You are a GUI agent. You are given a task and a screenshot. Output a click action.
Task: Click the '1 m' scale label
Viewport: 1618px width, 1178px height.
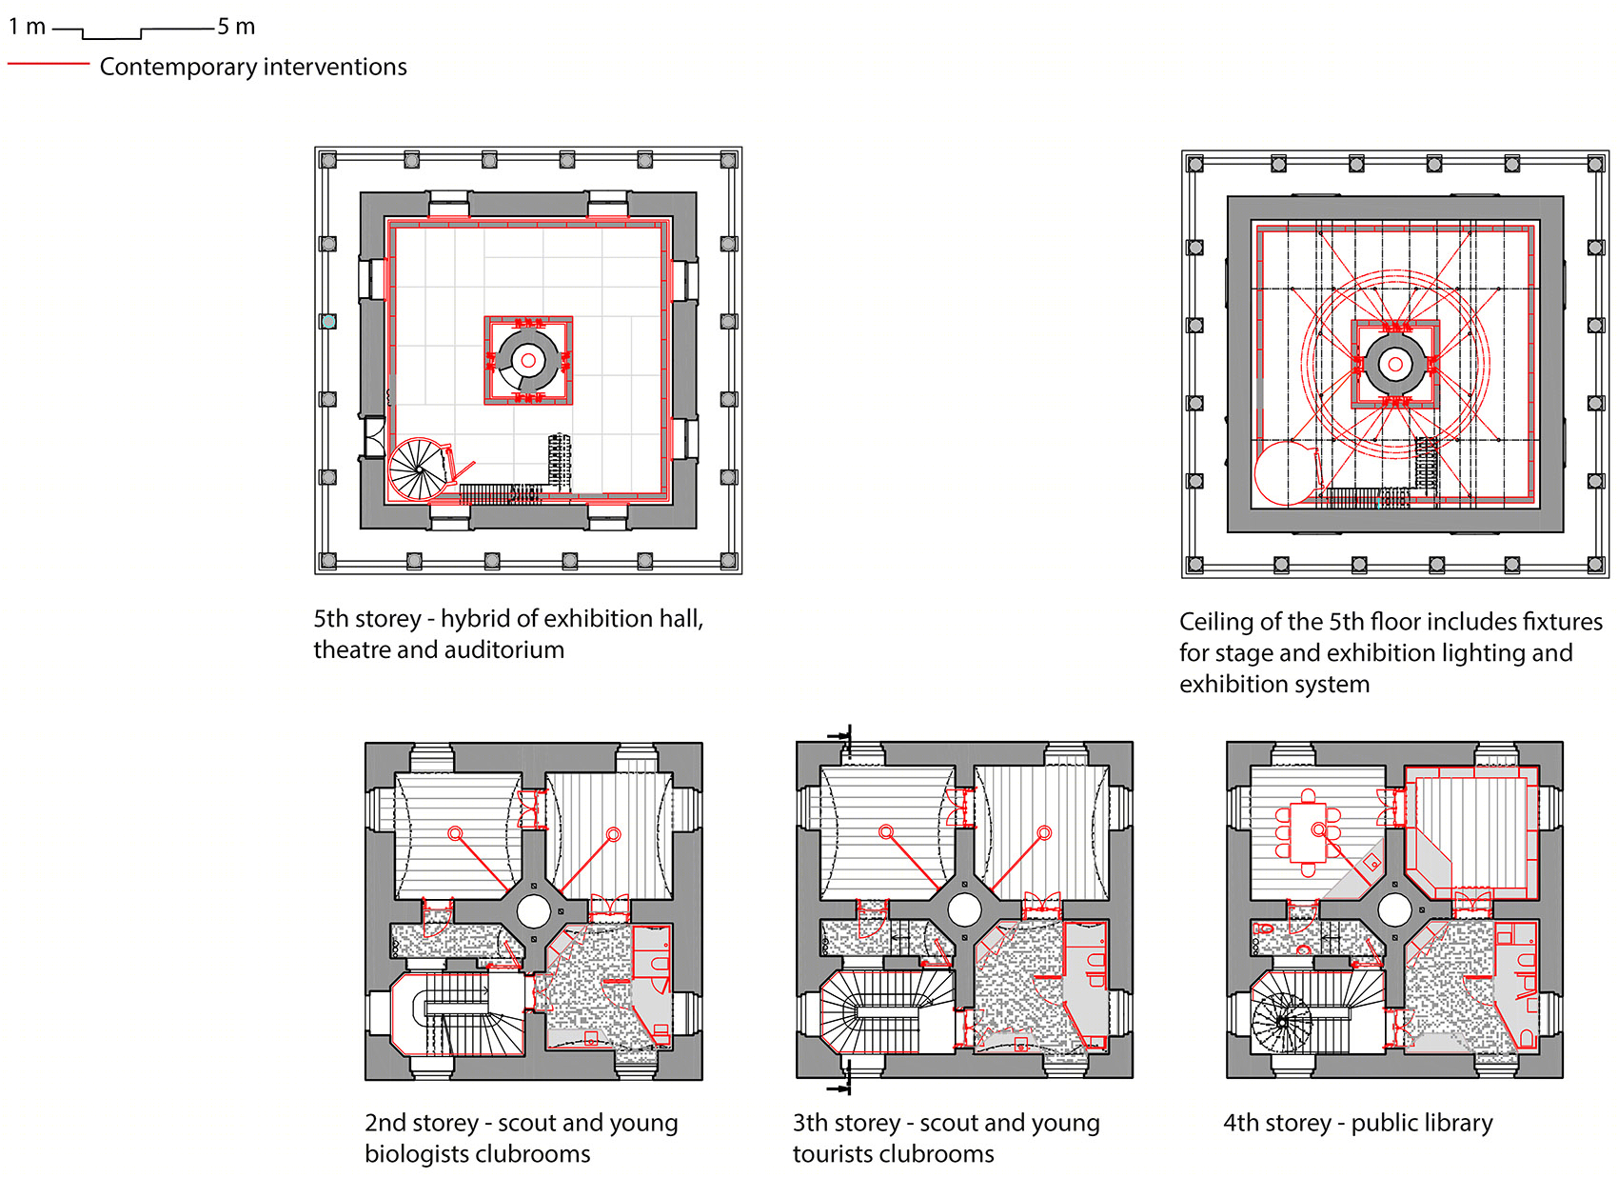tap(27, 27)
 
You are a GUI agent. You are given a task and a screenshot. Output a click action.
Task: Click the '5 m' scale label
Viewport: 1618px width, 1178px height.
tap(236, 27)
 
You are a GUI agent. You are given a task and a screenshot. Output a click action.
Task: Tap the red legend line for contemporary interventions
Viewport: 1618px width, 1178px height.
tap(49, 64)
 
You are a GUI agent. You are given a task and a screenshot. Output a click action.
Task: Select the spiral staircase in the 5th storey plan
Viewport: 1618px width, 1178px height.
tap(419, 469)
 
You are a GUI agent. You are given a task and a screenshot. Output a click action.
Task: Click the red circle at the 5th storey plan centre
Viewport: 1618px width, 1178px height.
tap(528, 360)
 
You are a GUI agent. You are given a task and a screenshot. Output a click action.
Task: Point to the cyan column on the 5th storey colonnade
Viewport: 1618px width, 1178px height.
tap(328, 322)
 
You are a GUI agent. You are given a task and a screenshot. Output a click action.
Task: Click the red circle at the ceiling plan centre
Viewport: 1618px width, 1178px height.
tap(1394, 364)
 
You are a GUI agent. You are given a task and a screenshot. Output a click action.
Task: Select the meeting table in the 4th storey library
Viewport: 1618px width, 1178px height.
tap(1308, 831)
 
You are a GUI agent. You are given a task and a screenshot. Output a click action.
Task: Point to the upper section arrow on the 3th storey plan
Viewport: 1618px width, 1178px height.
tap(842, 736)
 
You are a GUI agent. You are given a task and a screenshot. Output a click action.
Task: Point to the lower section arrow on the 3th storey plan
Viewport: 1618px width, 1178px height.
tap(842, 1088)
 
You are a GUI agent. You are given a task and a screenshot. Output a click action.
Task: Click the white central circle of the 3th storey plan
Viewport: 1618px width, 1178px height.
tap(963, 909)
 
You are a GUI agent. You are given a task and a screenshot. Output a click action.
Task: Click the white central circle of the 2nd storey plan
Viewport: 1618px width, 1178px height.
tap(534, 910)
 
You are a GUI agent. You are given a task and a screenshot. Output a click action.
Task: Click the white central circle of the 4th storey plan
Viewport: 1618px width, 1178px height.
tap(1394, 909)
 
